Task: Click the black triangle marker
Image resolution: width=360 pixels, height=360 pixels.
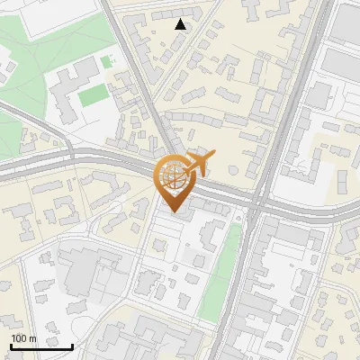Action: [x=181, y=24]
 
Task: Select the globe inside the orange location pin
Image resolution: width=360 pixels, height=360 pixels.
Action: [x=175, y=177]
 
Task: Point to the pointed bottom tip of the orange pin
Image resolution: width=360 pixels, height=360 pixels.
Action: [x=176, y=214]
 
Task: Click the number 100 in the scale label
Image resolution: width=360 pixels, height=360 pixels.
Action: [x=20, y=338]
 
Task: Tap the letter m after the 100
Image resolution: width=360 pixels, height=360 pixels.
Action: [x=33, y=338]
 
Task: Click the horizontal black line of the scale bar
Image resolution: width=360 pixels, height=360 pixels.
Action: [x=41, y=346]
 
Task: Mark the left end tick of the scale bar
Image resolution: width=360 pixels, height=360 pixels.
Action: [x=11, y=345]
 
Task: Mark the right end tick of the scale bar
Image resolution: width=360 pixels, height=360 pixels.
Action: [x=72, y=345]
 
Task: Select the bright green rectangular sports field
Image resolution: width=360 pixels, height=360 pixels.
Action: [x=93, y=94]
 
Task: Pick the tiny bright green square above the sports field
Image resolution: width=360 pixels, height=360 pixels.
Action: [x=106, y=62]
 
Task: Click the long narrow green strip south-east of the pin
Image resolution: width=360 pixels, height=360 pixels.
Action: [x=221, y=270]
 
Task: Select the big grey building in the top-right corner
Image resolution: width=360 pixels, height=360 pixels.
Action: [x=346, y=27]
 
